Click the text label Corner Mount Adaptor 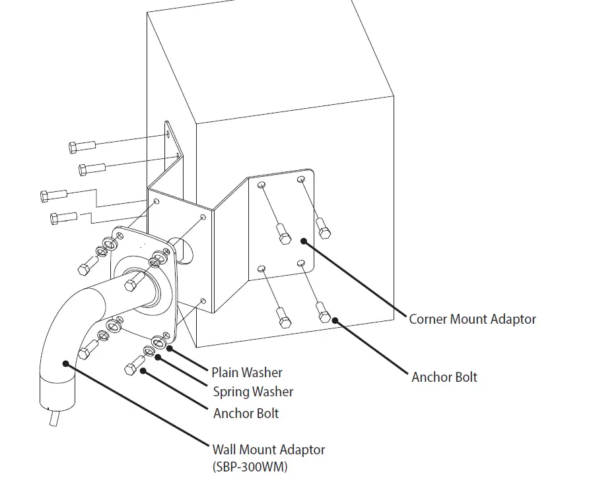coord(472,319)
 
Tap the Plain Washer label coord(246,373)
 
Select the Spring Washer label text coord(253,392)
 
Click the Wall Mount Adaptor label coord(268,450)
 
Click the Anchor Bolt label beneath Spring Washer coord(246,413)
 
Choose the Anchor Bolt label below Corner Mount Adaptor coord(444,377)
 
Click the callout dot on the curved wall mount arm coord(65,362)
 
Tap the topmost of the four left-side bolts coord(82,146)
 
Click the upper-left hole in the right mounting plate coord(262,184)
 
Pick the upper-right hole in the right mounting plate coord(301,179)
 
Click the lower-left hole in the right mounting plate coord(261,268)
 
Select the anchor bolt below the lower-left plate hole coord(284,319)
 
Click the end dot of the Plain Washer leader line coord(170,348)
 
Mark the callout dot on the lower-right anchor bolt coord(335,320)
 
